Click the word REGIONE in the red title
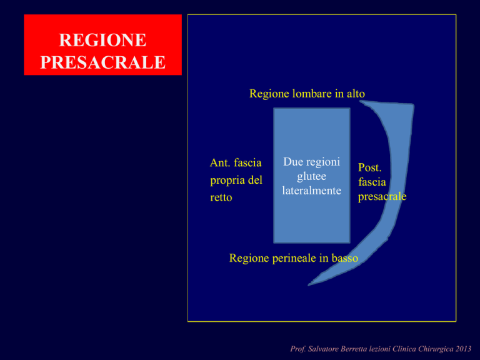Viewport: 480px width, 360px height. (x=102, y=40)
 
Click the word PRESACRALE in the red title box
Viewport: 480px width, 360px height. (x=103, y=62)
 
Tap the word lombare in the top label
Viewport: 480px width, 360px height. (x=312, y=93)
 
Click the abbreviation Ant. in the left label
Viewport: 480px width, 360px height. (x=221, y=162)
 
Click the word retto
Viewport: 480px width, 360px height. (x=221, y=197)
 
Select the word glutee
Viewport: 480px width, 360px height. (x=312, y=177)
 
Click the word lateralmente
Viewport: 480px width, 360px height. (x=312, y=191)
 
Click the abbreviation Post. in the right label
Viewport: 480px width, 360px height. (x=370, y=167)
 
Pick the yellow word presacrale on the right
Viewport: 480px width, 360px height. (x=382, y=196)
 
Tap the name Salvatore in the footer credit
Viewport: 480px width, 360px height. (x=323, y=349)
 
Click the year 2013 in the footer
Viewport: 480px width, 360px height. (x=463, y=349)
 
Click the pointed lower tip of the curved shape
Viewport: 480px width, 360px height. (x=309, y=285)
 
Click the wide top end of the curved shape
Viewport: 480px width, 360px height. (x=387, y=104)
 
